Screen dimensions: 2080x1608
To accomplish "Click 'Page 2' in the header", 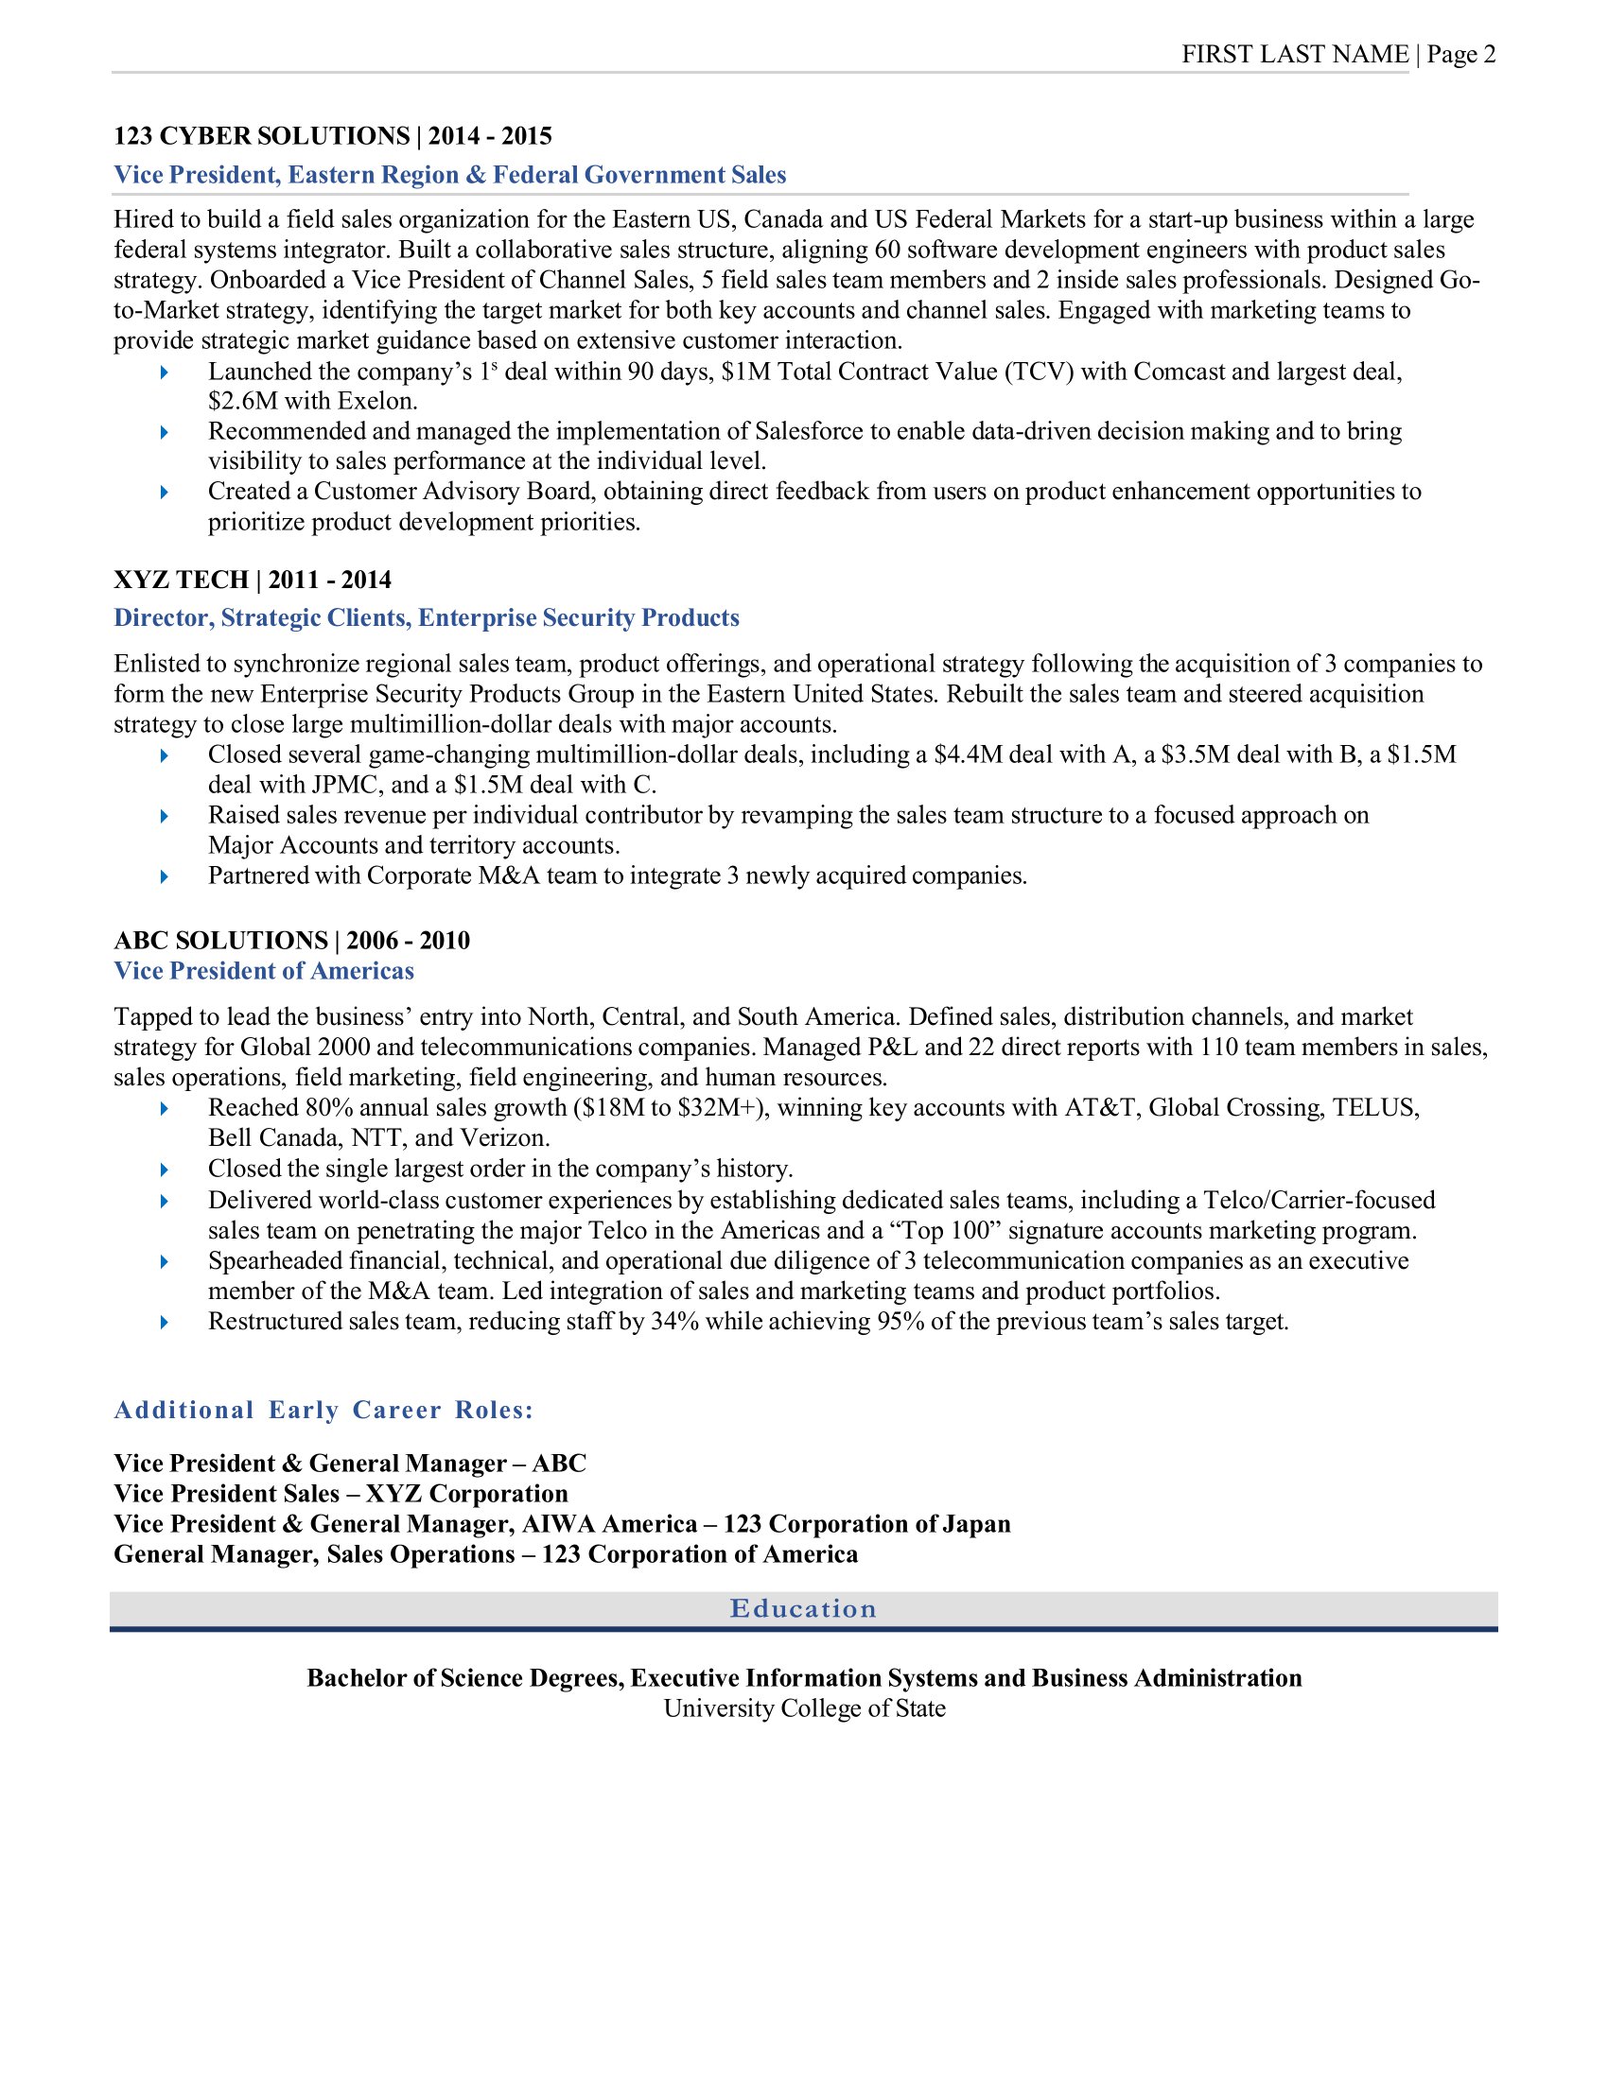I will pyautogui.click(x=1461, y=54).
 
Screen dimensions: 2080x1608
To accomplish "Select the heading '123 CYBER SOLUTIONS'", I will pyautogui.click(x=262, y=136).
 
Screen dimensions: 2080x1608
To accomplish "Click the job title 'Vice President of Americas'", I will pyautogui.click(x=264, y=970).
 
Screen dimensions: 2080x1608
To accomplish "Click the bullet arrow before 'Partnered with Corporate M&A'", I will pyautogui.click(x=164, y=876).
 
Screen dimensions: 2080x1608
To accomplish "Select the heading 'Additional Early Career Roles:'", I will pyautogui.click(x=323, y=1410).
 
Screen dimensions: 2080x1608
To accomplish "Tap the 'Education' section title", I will pyautogui.click(x=803, y=1608).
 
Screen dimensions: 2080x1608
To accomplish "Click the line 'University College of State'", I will pyautogui.click(x=804, y=1707).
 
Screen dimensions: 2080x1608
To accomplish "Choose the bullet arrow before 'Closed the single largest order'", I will pyautogui.click(x=164, y=1170).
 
